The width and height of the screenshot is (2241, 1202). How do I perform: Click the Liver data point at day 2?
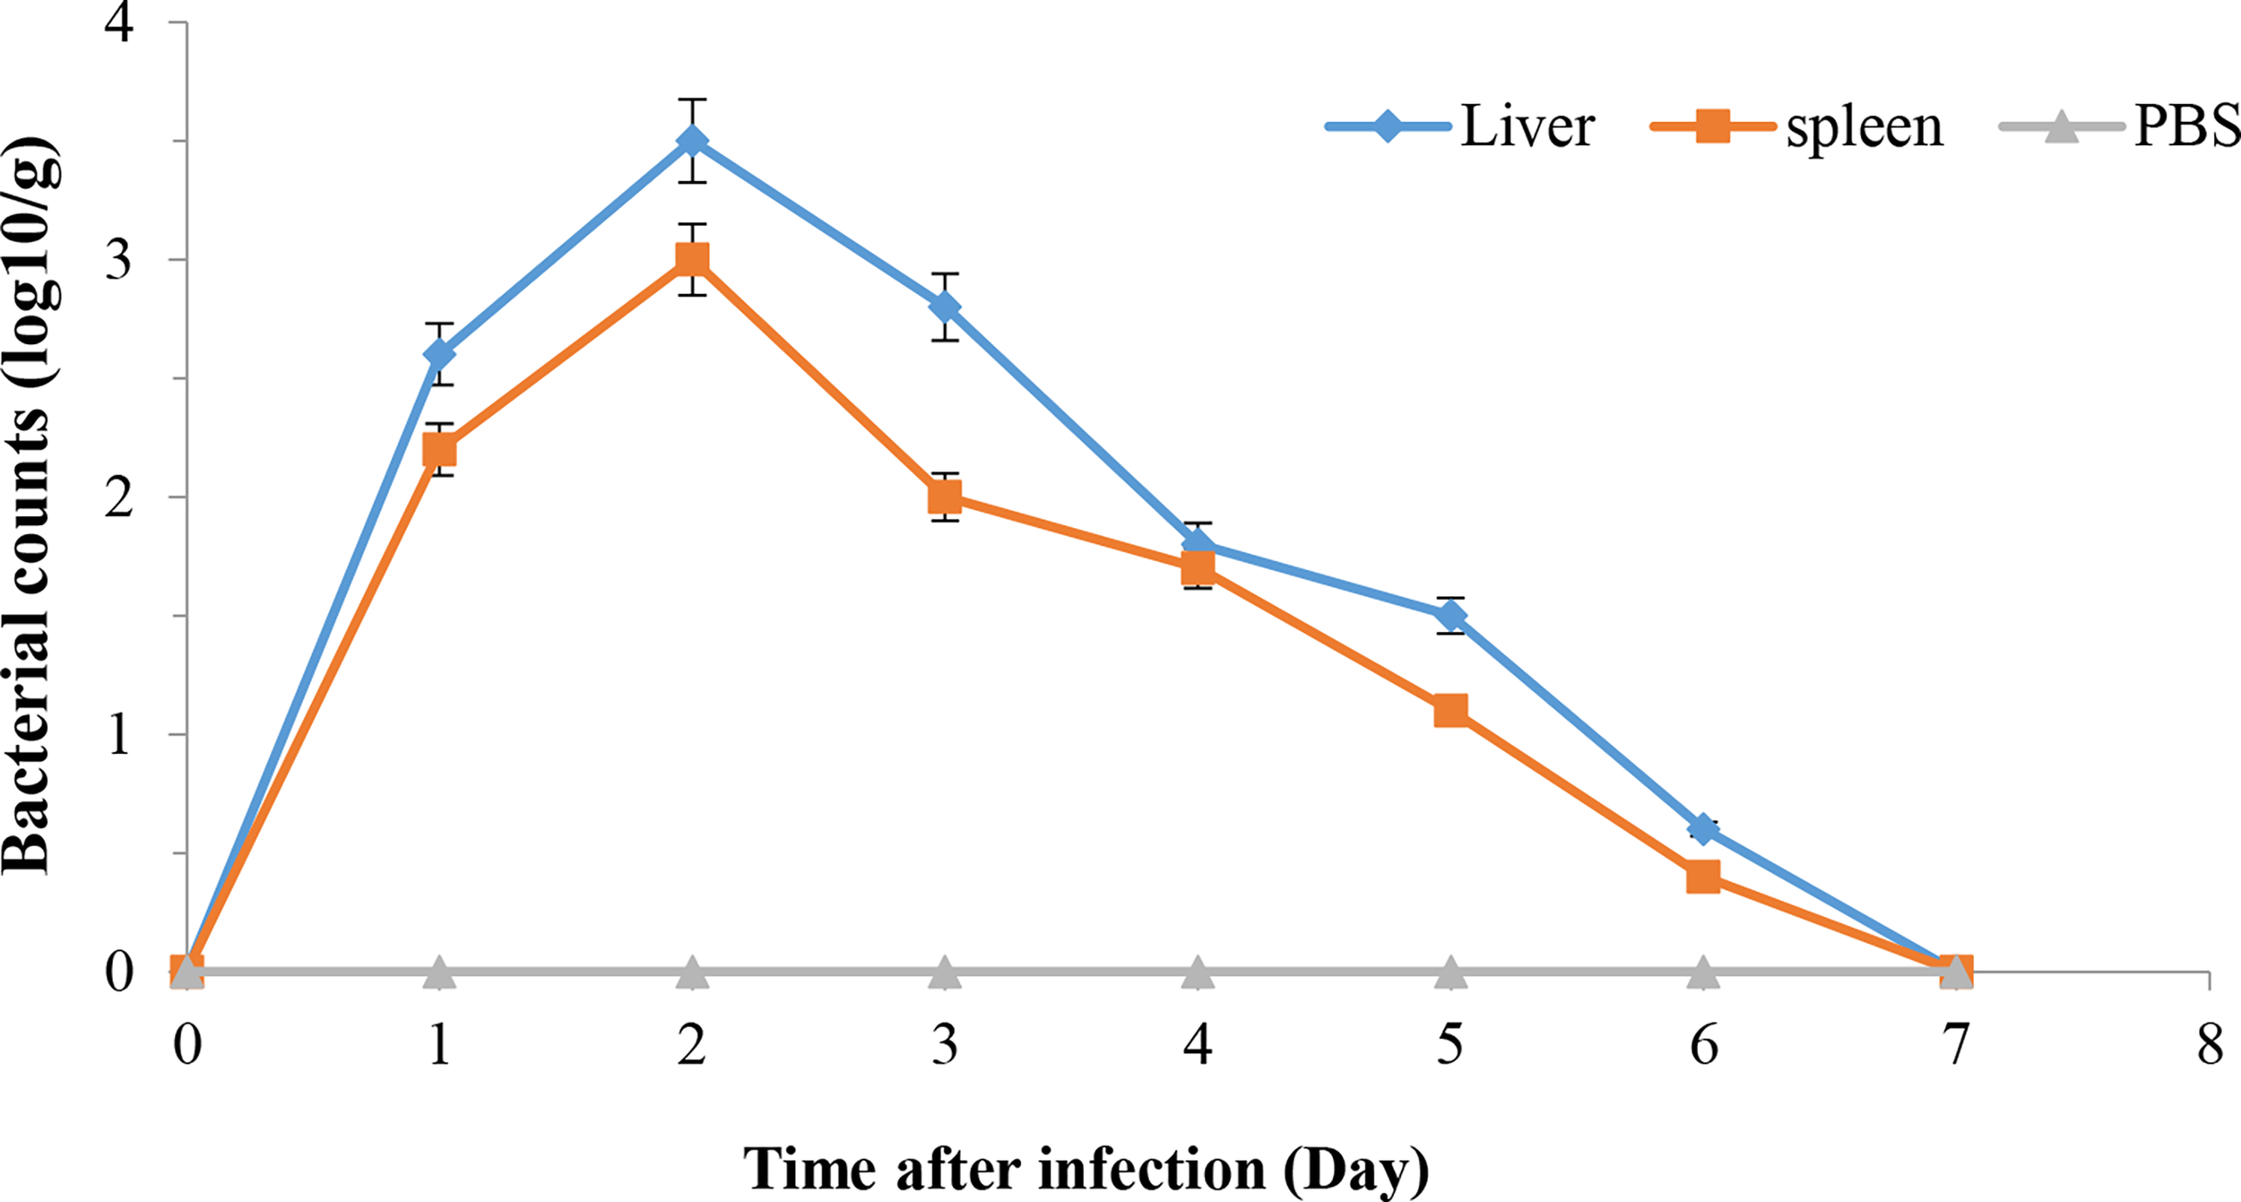[692, 141]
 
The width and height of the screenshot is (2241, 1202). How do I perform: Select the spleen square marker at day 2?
[692, 259]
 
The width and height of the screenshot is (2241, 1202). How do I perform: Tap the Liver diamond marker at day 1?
[439, 354]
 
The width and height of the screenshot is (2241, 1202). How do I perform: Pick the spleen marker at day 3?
[945, 496]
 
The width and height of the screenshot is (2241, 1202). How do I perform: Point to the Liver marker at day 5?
[1451, 616]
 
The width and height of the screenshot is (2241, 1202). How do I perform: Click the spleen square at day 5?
[1451, 711]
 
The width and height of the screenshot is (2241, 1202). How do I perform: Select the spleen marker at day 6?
[1703, 876]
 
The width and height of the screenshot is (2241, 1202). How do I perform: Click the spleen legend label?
[1865, 127]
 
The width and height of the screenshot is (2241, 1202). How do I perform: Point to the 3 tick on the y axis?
[118, 259]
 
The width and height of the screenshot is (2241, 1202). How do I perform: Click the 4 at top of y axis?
[118, 22]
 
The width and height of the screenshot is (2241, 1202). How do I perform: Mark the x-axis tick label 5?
[1450, 1045]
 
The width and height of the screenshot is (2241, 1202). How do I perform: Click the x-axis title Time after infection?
[1086, 1168]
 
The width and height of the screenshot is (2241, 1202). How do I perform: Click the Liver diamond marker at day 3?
[945, 307]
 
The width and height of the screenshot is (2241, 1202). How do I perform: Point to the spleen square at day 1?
[439, 449]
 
